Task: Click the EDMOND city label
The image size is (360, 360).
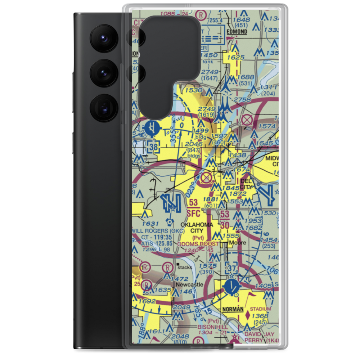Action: coord(237,32)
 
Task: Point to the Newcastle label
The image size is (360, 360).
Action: coord(190,284)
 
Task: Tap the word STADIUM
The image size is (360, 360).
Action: coord(261,309)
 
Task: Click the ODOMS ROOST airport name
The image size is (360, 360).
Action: coord(198,244)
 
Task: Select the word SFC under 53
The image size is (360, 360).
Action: coord(193,213)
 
